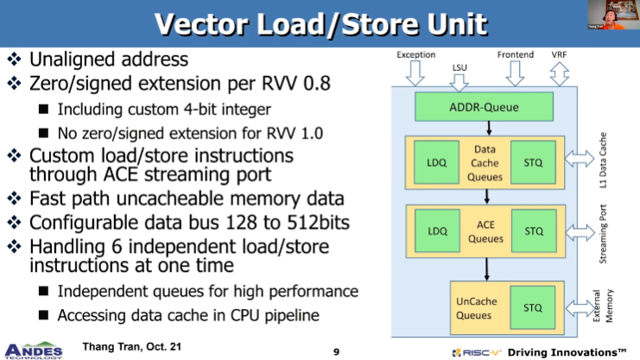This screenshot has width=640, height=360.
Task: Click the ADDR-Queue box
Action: (x=484, y=107)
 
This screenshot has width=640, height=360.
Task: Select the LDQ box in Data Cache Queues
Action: (x=436, y=162)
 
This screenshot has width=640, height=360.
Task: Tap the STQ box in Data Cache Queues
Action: (x=533, y=162)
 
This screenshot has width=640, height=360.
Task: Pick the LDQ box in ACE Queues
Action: (x=437, y=231)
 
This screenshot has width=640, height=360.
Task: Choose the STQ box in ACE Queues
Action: (x=534, y=231)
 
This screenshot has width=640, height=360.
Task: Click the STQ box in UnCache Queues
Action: (x=533, y=307)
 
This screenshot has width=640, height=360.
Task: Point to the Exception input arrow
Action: (x=415, y=73)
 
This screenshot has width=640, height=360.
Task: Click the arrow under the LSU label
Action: (x=459, y=83)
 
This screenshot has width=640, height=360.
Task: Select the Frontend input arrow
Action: (x=515, y=73)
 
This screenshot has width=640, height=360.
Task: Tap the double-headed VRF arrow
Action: (x=559, y=74)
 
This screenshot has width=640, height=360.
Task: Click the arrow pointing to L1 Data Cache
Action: (x=580, y=158)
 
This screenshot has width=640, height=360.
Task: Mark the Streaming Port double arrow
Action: (x=580, y=232)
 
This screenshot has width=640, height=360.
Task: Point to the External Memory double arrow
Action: (x=580, y=308)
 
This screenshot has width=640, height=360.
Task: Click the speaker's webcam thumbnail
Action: (x=612, y=15)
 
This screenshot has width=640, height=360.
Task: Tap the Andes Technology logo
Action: (x=33, y=351)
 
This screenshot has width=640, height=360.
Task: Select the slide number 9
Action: (x=336, y=352)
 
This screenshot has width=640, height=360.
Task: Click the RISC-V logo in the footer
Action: (x=476, y=352)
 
